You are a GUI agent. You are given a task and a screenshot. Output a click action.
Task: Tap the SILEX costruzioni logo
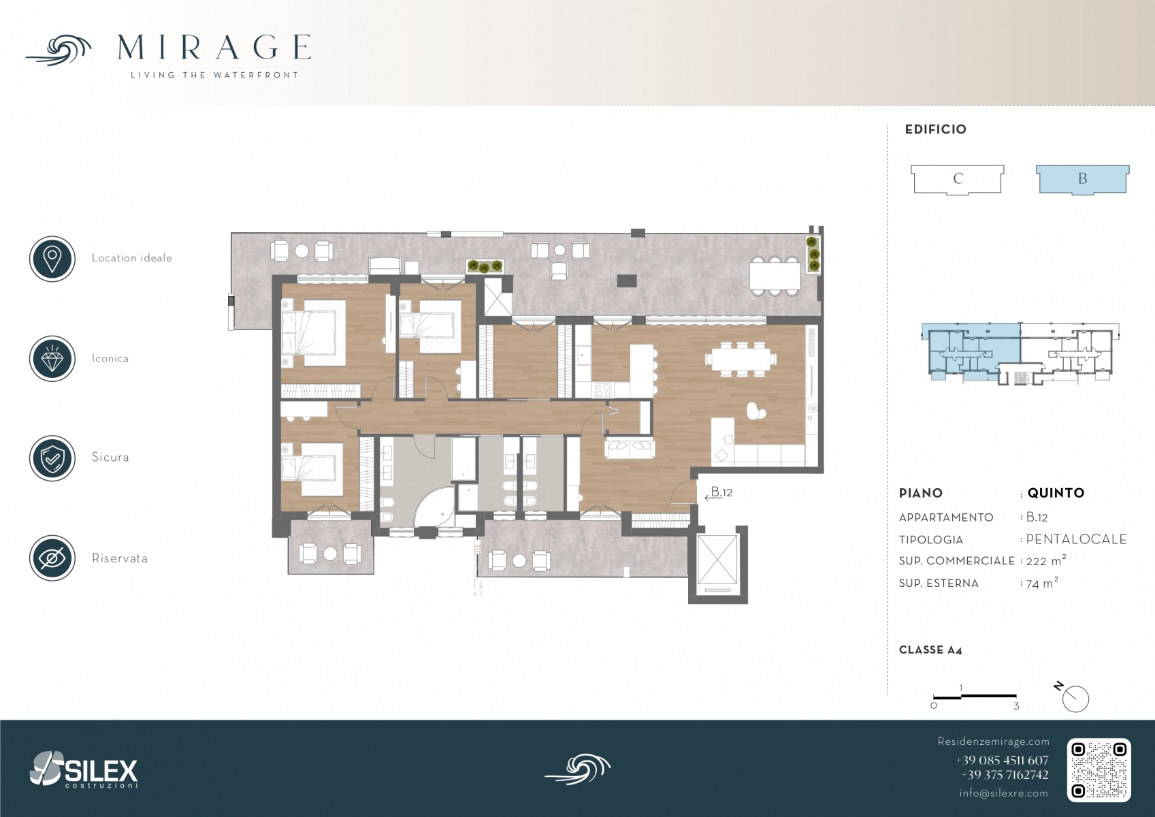84,769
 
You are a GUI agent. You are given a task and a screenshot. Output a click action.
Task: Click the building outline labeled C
958,180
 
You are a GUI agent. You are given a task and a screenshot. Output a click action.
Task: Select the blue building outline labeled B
1083,180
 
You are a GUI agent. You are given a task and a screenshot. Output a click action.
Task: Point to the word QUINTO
1056,493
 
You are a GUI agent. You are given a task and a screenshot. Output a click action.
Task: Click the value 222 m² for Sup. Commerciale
1045,560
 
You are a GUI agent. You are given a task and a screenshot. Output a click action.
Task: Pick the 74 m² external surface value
1041,583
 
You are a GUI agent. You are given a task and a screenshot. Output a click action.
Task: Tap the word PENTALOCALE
1076,539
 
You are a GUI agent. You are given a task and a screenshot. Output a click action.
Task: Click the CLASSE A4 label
930,650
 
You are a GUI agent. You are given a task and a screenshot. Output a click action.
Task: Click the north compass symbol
1073,697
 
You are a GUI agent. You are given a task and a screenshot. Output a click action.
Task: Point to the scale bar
975,696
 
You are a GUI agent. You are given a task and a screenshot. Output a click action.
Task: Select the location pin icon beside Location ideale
52,259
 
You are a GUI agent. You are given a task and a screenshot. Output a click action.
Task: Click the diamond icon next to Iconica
52,359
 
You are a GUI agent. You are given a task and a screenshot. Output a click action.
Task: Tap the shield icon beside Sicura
52,458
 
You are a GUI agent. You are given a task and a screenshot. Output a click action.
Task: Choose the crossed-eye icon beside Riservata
52,558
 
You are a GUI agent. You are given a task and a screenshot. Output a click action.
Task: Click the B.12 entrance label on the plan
721,492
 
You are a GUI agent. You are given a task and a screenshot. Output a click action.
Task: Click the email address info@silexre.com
1003,793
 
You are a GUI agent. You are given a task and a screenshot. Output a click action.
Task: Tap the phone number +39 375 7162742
1005,775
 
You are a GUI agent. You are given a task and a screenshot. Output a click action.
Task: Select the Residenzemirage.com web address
993,741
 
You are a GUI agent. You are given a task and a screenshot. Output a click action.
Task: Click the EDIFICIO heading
935,129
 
